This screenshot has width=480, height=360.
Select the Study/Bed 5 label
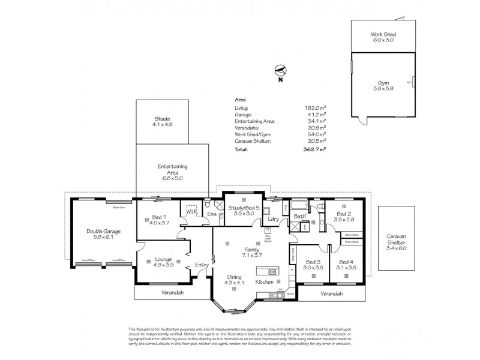tap(244, 208)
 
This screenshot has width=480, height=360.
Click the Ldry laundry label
tap(274, 219)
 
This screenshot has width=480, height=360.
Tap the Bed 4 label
tap(347, 262)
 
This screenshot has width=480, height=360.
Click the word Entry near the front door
tap(202, 265)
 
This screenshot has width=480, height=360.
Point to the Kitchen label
tap(265, 281)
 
